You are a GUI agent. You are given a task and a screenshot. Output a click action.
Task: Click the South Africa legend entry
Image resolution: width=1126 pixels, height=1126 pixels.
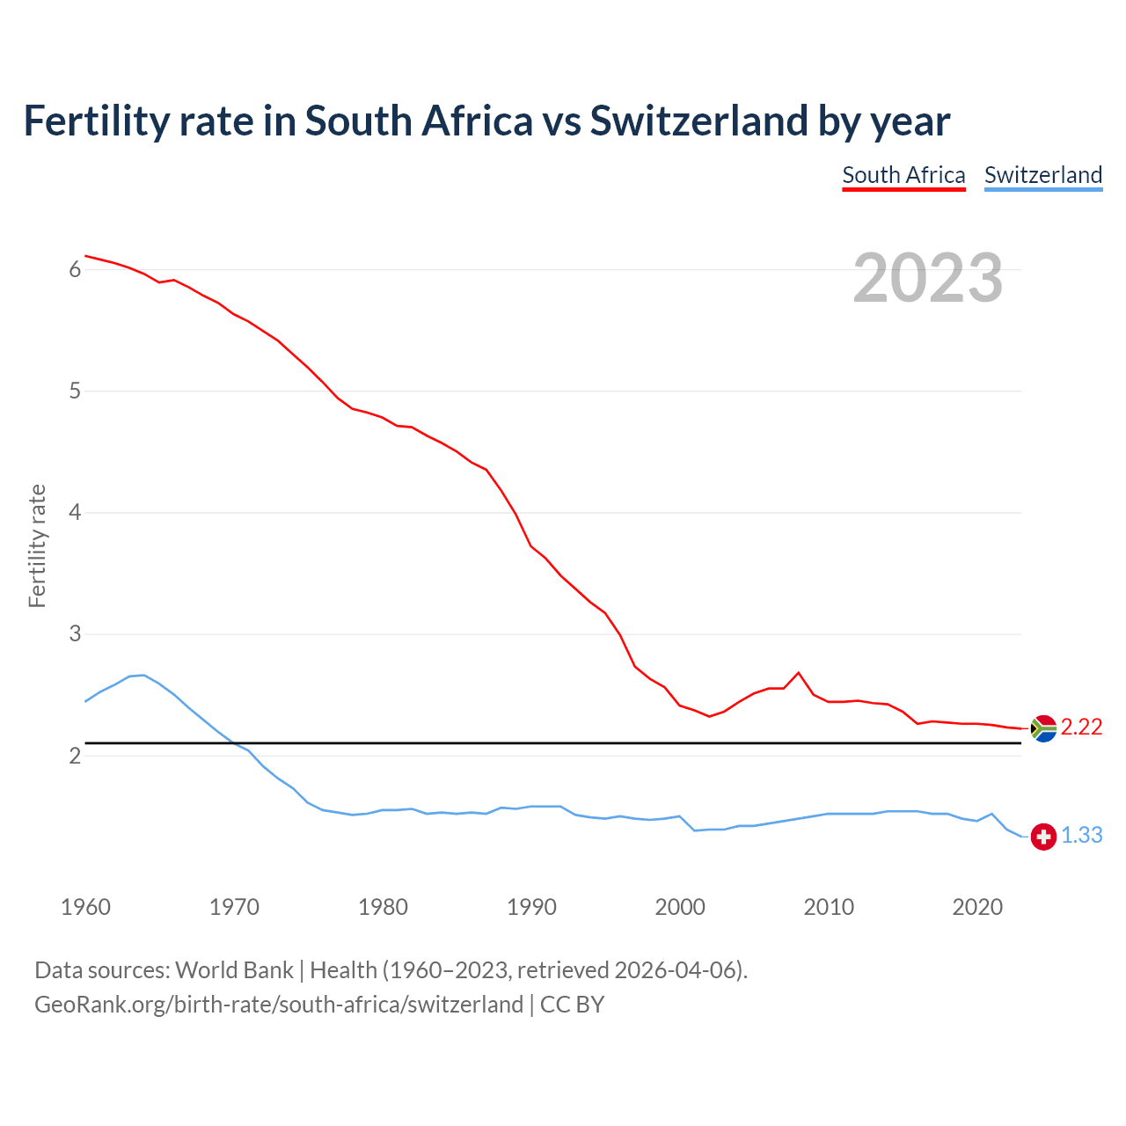coord(903,175)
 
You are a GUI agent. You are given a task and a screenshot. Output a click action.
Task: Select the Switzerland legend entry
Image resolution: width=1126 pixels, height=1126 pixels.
coord(1042,175)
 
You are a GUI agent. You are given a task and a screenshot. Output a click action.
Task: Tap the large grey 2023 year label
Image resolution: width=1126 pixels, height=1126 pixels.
coord(928,278)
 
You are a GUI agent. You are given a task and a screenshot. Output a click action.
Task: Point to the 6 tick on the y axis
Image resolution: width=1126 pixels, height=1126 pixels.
coord(75,270)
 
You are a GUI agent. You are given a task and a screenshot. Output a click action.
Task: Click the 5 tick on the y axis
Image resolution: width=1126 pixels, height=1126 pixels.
coord(75,391)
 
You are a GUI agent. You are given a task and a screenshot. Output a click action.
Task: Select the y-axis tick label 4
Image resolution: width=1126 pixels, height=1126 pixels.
coord(75,513)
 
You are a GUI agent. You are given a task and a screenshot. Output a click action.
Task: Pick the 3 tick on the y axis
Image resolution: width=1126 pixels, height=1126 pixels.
coord(75,634)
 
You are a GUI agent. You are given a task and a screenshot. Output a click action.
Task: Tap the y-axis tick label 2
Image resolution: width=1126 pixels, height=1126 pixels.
coord(75,756)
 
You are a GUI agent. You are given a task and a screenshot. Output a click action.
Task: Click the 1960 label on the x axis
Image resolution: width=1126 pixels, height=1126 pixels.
coord(85,907)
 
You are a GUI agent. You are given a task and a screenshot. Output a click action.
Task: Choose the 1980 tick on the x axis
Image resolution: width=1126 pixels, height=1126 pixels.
coord(383,907)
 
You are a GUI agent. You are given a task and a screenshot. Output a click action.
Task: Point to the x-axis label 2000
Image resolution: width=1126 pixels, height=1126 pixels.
coord(680,907)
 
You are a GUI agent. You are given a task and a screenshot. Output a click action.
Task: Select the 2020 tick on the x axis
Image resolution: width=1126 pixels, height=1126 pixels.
coord(977,907)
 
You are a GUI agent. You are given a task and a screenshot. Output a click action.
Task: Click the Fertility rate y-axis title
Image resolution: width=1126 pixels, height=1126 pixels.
coord(37,545)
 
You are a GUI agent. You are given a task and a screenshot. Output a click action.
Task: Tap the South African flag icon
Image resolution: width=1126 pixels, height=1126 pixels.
coord(1043,728)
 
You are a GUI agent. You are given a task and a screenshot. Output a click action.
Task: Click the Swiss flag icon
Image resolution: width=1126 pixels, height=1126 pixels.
coord(1043,837)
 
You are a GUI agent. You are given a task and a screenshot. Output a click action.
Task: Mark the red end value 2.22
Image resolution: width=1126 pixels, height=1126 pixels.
coord(1081,728)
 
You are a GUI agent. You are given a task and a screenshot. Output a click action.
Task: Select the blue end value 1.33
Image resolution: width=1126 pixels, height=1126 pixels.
coord(1081,836)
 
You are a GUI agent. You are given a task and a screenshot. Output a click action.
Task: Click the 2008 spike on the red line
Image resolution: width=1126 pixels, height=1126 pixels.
coord(798,673)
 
